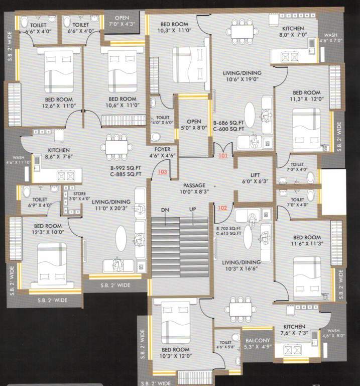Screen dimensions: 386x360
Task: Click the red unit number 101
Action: [223, 156]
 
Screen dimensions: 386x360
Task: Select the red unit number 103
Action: [162, 172]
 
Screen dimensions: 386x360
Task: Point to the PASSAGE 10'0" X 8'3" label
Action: [193, 188]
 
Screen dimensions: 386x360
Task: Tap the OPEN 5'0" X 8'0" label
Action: [193, 125]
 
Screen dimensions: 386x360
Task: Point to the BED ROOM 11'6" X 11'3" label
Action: [307, 241]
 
